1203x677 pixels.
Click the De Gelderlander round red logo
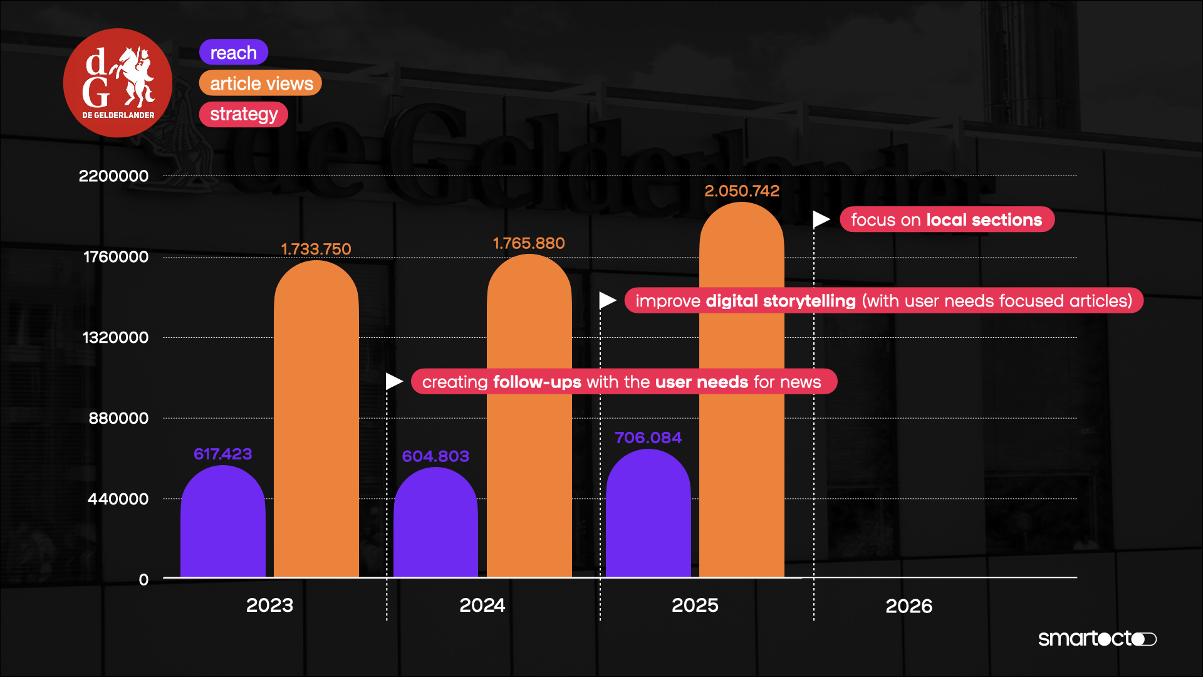[118, 83]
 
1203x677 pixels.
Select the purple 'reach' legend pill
[233, 53]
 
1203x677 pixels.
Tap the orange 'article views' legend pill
[261, 83]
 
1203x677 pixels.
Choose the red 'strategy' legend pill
[243, 114]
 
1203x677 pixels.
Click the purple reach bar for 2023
[222, 523]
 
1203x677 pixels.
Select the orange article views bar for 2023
[316, 420]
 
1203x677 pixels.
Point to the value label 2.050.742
[742, 191]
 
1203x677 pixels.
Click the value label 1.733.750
[316, 249]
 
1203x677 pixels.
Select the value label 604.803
[435, 456]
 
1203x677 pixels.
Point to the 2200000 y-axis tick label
[113, 176]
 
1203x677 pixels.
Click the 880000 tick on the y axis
[118, 418]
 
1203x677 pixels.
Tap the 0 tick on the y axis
[143, 580]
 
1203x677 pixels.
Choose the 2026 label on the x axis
[909, 606]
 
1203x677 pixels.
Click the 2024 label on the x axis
[482, 606]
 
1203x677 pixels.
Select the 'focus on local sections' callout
[946, 220]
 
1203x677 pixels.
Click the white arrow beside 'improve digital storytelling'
[607, 301]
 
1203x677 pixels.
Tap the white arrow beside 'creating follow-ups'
[393, 381]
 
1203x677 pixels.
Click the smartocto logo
[1096, 639]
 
